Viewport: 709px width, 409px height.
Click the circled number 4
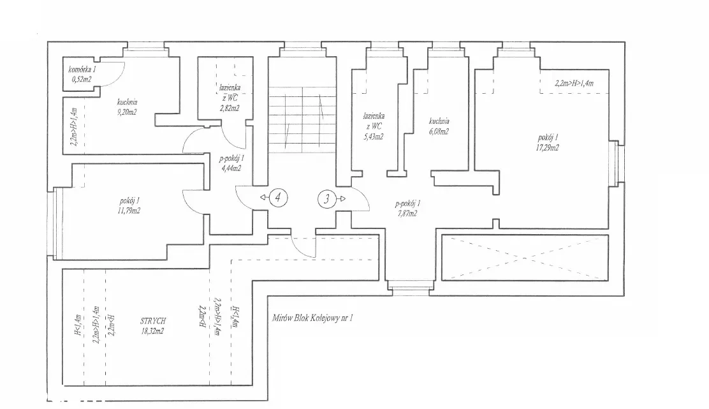pyautogui.click(x=277, y=198)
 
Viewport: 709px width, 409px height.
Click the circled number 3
pyautogui.click(x=326, y=198)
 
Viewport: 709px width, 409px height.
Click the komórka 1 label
pyautogui.click(x=83, y=69)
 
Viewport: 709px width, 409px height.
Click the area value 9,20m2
pyautogui.click(x=127, y=112)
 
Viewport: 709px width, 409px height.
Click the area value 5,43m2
pyautogui.click(x=373, y=136)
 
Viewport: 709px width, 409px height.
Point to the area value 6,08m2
pyautogui.click(x=439, y=131)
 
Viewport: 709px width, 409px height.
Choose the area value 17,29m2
pyautogui.click(x=548, y=147)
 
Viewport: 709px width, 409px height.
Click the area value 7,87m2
pyautogui.click(x=406, y=213)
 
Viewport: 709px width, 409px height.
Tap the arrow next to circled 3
pyautogui.click(x=342, y=198)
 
